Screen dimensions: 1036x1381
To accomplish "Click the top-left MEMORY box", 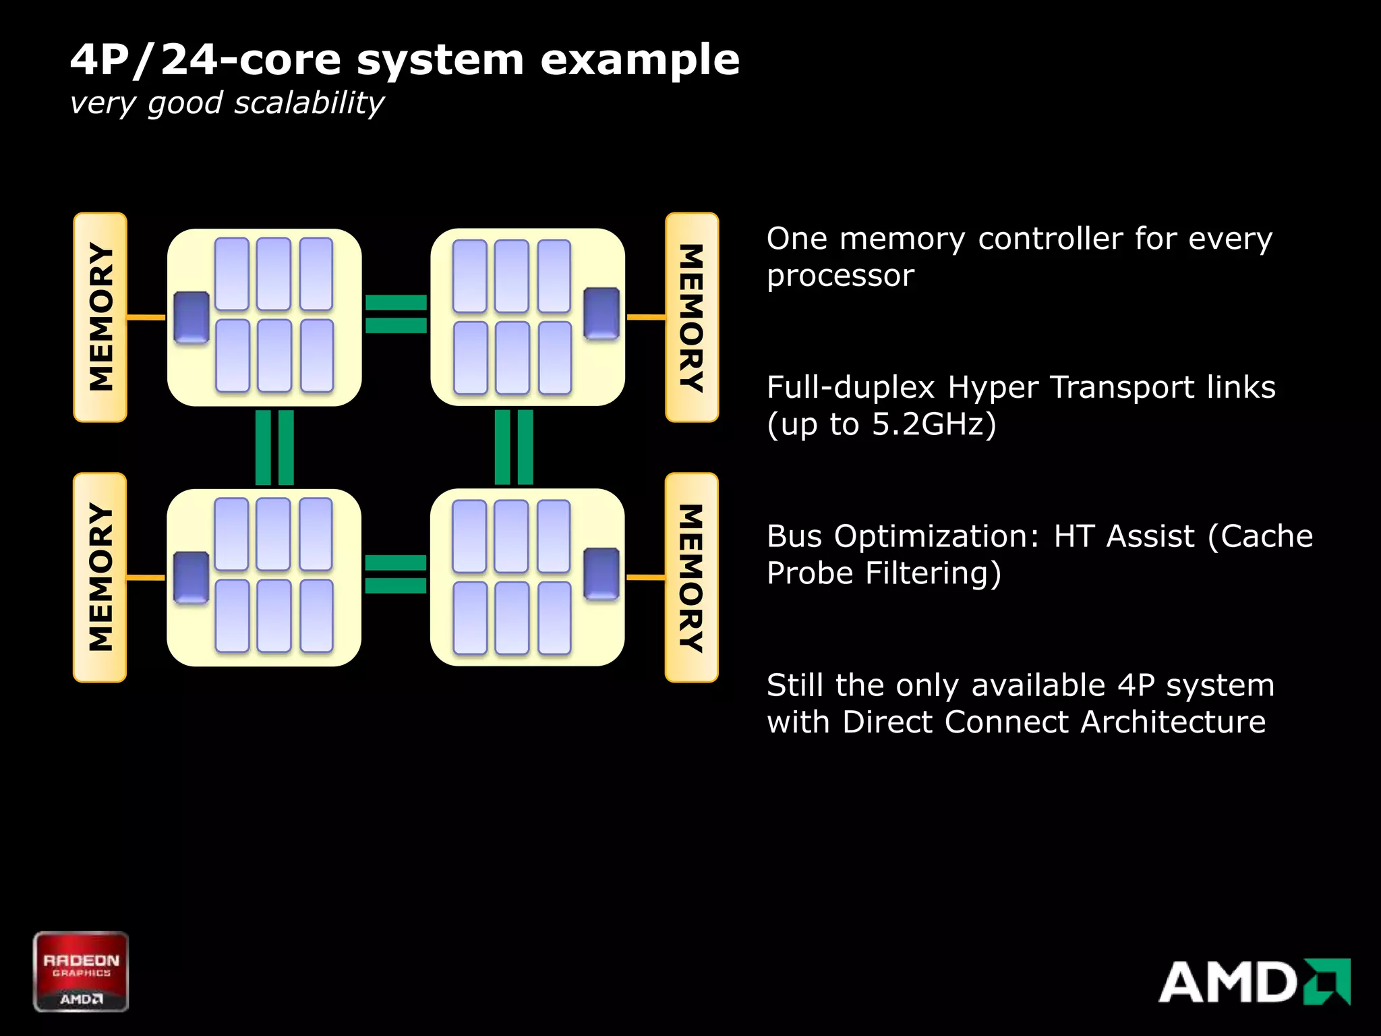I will [100, 317].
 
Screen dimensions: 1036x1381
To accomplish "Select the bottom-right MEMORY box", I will [691, 577].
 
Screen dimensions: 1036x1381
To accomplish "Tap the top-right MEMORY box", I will [691, 317].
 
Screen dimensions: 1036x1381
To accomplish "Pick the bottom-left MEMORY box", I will [100, 577].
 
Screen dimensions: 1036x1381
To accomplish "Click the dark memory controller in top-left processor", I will [192, 317].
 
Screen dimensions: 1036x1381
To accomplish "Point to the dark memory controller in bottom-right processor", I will [601, 573].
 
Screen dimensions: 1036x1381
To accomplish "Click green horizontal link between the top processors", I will [396, 314].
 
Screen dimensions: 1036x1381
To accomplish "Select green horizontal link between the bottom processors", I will [396, 574].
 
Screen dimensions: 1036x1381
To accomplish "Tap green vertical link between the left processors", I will [274, 447].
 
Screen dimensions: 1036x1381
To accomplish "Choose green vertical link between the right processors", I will [514, 447].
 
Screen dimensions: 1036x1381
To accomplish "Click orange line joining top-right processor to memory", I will [645, 316].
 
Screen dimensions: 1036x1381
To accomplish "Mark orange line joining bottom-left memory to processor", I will [146, 577].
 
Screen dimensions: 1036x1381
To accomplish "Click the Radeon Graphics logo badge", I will [81, 971].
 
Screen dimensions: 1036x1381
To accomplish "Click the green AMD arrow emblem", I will [1328, 981].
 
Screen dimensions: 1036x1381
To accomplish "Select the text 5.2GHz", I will [928, 424].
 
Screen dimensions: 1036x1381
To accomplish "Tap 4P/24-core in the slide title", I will [144, 60].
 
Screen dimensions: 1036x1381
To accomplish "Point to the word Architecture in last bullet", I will [1173, 722].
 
